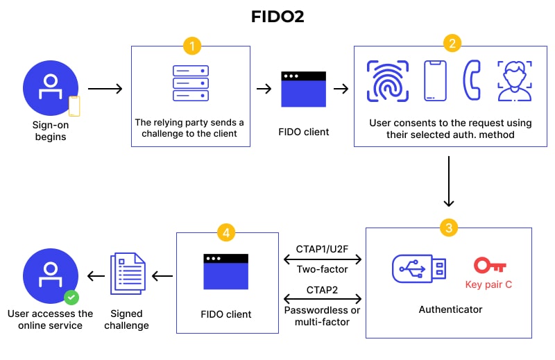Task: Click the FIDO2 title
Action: click(277, 16)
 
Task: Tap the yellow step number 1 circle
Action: click(191, 46)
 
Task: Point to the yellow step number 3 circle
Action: click(448, 227)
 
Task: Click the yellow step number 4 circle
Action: click(225, 232)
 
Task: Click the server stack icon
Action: click(189, 83)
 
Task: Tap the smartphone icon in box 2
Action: click(434, 80)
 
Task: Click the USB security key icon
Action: click(420, 268)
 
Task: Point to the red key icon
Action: click(490, 266)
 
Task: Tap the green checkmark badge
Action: click(71, 298)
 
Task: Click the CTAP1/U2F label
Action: click(322, 248)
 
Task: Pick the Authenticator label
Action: click(450, 309)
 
